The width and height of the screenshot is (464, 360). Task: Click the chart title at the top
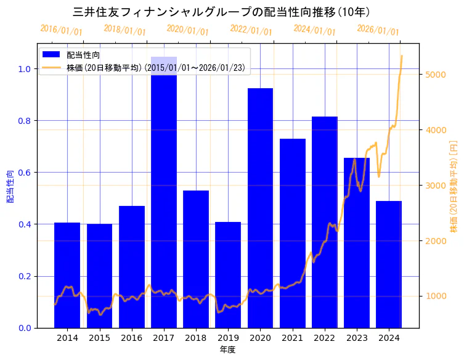(x=221, y=12)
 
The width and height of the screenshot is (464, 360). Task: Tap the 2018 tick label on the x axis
(x=196, y=338)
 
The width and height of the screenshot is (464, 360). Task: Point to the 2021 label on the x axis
(x=293, y=338)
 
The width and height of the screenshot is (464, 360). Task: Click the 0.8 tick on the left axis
(x=24, y=121)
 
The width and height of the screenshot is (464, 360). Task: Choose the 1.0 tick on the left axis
(x=24, y=69)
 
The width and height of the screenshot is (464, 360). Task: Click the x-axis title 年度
(x=227, y=350)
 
